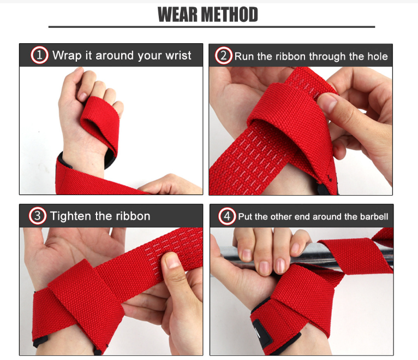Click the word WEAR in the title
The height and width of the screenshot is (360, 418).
click(x=178, y=15)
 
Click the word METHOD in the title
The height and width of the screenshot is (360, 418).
click(x=229, y=15)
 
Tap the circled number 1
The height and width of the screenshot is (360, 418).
click(x=39, y=55)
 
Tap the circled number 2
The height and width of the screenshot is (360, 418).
click(x=223, y=56)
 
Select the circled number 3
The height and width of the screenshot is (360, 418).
click(x=37, y=216)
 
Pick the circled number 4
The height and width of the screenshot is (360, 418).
click(x=227, y=216)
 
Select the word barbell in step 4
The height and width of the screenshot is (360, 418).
click(x=374, y=217)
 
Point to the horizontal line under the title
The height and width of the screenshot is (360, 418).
click(x=211, y=26)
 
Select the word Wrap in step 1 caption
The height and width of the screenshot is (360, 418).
click(x=65, y=55)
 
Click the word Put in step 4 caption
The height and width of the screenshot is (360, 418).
click(x=245, y=217)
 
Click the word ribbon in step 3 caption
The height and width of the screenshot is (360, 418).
click(x=133, y=216)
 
